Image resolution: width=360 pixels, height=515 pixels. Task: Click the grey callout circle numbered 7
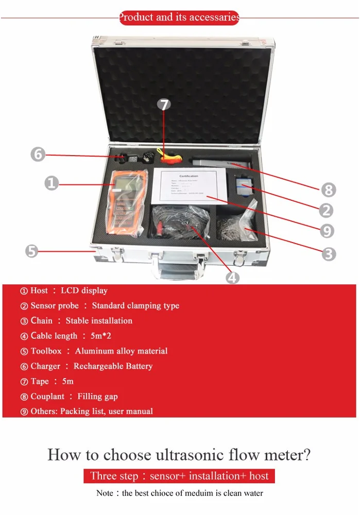click(x=164, y=105)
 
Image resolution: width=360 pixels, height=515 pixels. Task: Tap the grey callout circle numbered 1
click(x=51, y=182)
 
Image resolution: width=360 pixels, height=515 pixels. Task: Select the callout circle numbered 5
click(x=32, y=251)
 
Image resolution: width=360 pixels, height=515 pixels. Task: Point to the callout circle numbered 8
click(x=328, y=190)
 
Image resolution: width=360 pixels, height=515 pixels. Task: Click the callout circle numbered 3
click(x=329, y=253)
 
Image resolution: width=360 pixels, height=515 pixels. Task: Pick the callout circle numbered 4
click(x=233, y=277)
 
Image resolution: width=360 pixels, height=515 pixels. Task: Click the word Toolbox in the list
click(x=46, y=351)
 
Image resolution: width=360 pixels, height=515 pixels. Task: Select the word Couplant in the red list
click(x=47, y=397)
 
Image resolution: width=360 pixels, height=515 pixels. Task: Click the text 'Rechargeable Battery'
click(x=113, y=366)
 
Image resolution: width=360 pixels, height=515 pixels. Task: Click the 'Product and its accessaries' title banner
click(x=179, y=18)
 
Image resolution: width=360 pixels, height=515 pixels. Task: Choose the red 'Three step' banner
click(x=179, y=476)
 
